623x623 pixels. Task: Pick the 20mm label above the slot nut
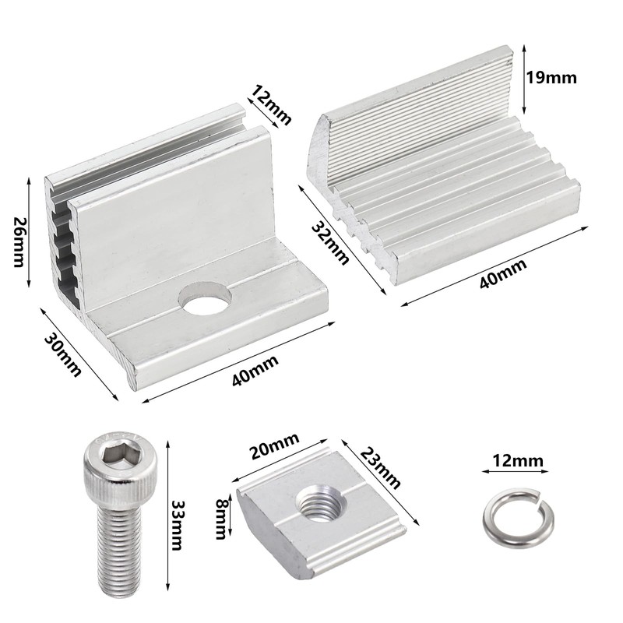(274, 450)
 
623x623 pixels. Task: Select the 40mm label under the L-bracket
(252, 379)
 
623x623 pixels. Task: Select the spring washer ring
(510, 515)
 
